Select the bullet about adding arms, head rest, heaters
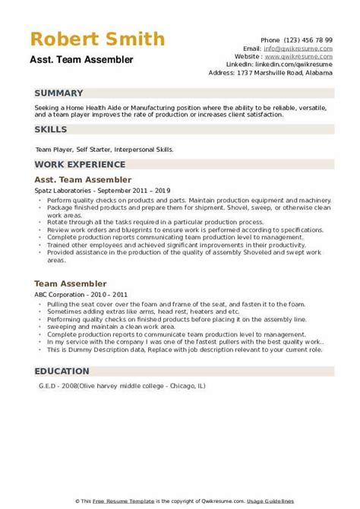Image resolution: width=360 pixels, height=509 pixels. click(x=133, y=312)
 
